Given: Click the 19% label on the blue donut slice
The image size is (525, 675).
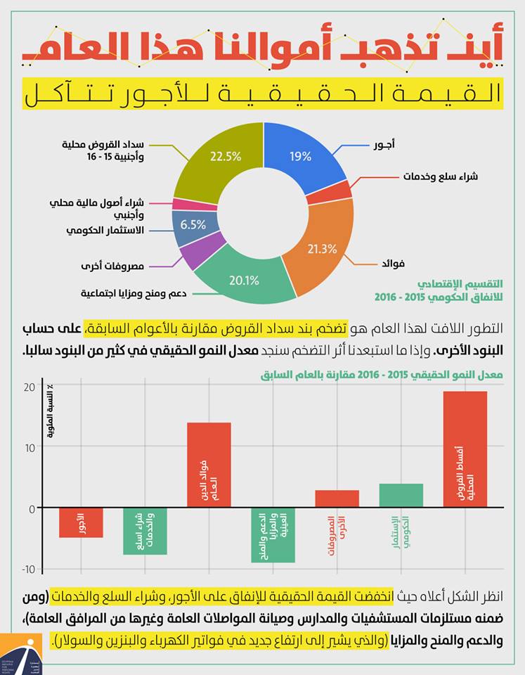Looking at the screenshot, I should coord(300,156).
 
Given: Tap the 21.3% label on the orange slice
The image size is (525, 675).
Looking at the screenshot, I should coord(323,249).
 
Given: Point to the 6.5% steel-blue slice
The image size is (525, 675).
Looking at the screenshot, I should coord(193,226).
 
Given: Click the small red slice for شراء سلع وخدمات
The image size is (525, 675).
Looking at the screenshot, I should coord(339,191).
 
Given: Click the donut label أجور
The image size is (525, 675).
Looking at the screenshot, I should coord(384,145).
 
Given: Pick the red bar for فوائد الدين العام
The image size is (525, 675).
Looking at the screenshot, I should coord(209,464).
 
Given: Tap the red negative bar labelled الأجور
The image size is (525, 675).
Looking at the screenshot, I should coord(81,522).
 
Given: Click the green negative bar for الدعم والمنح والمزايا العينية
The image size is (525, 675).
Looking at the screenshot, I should coord(273,535).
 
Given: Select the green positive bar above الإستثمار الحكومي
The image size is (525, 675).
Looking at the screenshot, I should coord(401,495).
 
